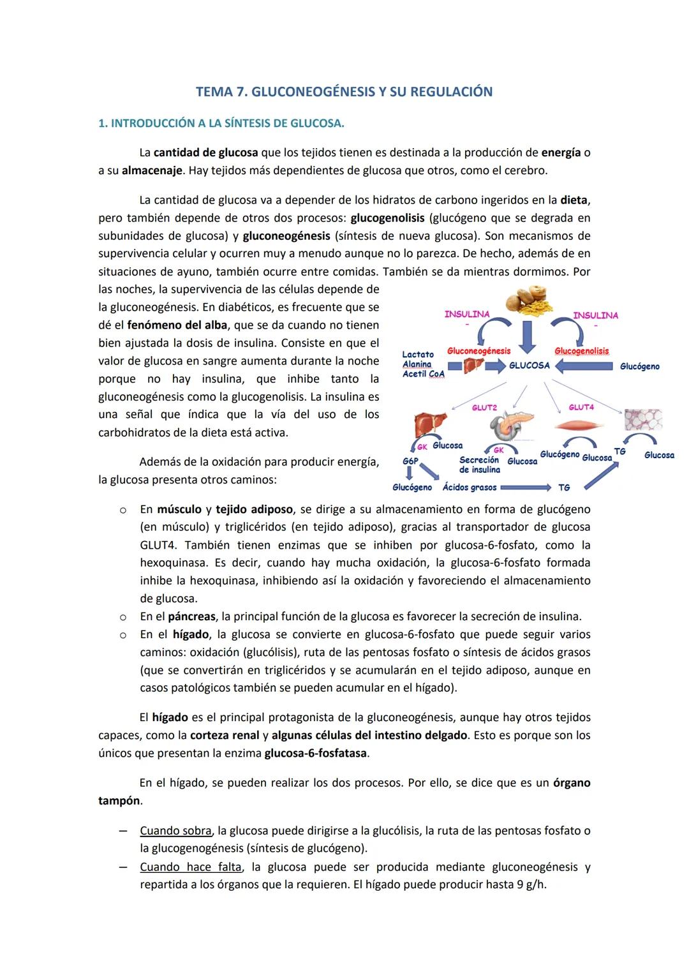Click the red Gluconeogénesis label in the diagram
click(478, 351)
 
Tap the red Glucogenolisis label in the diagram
click(581, 351)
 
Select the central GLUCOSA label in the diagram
click(529, 366)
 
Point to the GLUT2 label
click(484, 407)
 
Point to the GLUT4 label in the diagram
click(581, 407)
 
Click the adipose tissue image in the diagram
click(642, 421)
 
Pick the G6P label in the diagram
click(410, 460)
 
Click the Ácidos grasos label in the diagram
click(470, 487)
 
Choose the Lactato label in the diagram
click(418, 354)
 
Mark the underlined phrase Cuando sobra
click(175, 831)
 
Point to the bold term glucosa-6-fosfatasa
click(315, 753)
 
